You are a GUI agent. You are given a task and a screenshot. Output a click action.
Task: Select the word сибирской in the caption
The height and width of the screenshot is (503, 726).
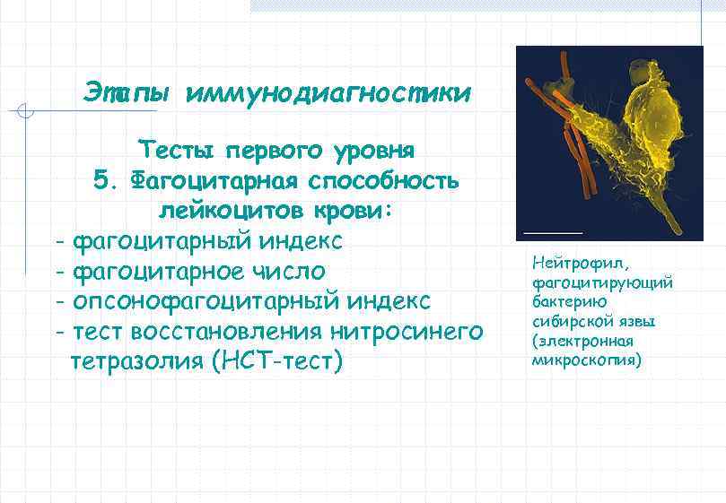[567, 322]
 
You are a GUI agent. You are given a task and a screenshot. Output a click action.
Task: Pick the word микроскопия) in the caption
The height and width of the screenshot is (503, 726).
[586, 360]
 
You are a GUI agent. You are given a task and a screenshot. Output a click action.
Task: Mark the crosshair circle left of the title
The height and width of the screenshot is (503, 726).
[27, 112]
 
